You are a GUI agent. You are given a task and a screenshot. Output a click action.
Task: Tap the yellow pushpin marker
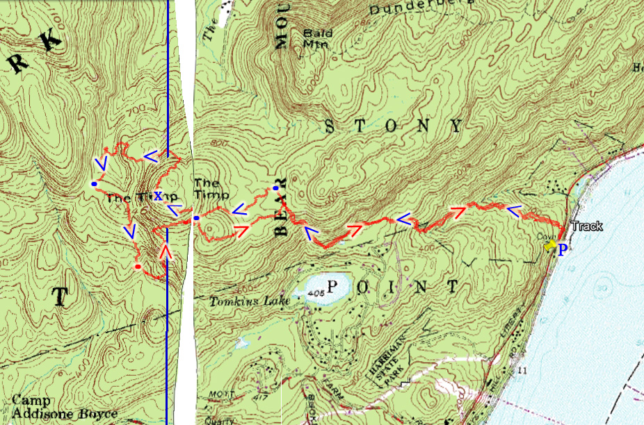click(550, 245)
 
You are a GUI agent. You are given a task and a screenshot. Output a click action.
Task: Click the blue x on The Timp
click(159, 196)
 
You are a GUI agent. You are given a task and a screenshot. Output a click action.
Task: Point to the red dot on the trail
click(138, 267)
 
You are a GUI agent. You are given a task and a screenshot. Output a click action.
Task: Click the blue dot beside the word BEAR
click(276, 188)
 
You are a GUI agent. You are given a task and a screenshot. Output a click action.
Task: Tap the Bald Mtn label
click(315, 37)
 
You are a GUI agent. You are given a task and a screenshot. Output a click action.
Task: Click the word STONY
click(394, 126)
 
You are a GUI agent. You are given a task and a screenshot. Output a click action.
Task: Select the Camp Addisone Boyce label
click(65, 407)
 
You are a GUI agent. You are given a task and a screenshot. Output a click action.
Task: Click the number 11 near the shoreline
click(522, 372)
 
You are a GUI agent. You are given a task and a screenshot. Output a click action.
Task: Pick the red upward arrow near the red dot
click(166, 251)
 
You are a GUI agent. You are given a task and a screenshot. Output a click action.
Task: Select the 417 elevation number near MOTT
click(241, 398)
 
